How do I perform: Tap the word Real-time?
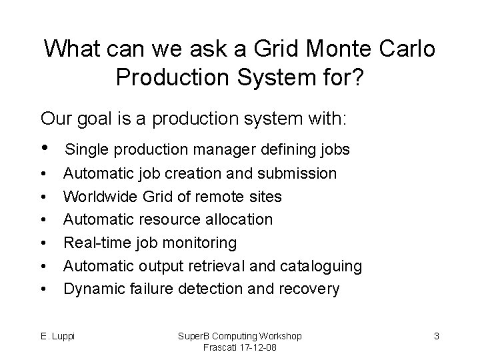95,243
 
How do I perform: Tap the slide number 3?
436,336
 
